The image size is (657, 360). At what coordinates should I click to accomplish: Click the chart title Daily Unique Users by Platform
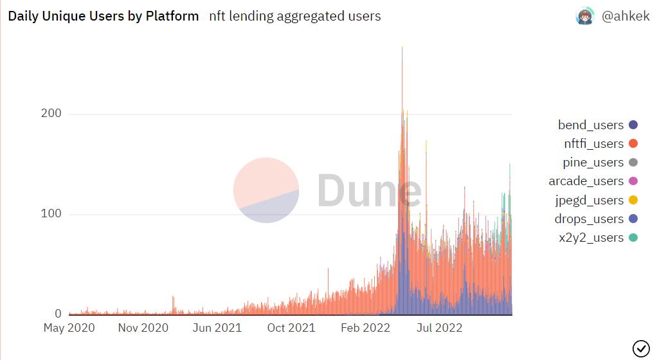pyautogui.click(x=104, y=16)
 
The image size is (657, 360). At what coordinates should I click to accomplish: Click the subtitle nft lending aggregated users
pyautogui.click(x=295, y=16)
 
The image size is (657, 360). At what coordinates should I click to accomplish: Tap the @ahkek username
pyautogui.click(x=625, y=17)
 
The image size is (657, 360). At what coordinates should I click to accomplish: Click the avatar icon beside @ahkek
pyautogui.click(x=585, y=17)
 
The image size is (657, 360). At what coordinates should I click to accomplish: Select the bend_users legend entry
pyautogui.click(x=591, y=125)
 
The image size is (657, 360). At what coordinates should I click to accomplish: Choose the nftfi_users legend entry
pyautogui.click(x=593, y=143)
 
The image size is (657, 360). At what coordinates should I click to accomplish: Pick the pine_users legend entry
pyautogui.click(x=593, y=162)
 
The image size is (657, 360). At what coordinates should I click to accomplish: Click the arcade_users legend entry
pyautogui.click(x=586, y=181)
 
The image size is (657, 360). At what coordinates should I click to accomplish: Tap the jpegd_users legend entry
pyautogui.click(x=589, y=200)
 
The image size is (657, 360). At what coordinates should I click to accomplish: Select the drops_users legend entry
pyautogui.click(x=589, y=219)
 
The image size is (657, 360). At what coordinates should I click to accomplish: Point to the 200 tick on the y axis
pyautogui.click(x=51, y=114)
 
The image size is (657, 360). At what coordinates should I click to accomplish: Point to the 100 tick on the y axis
pyautogui.click(x=51, y=214)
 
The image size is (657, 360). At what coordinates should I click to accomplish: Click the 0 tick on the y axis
pyautogui.click(x=58, y=314)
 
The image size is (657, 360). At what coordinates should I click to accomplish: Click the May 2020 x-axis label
pyautogui.click(x=69, y=328)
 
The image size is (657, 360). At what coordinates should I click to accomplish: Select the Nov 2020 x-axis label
pyautogui.click(x=143, y=328)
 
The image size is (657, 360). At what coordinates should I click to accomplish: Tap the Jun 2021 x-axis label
pyautogui.click(x=217, y=328)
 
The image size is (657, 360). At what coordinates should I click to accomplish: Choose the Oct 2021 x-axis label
pyautogui.click(x=291, y=328)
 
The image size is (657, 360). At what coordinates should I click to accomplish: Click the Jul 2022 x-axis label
pyautogui.click(x=440, y=328)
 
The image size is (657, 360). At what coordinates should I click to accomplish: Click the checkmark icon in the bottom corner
pyautogui.click(x=641, y=348)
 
